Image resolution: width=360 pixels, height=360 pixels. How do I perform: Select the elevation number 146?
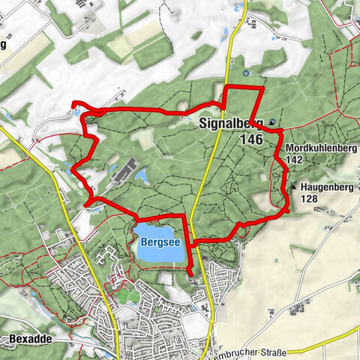(x=251, y=139)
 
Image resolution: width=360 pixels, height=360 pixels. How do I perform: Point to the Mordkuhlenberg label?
(x=320, y=148)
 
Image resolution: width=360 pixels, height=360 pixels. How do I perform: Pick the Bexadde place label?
(x=30, y=339)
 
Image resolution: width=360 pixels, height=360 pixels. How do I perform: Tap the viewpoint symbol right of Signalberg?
(x=271, y=122)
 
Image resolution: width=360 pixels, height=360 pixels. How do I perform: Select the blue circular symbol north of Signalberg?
(x=245, y=73)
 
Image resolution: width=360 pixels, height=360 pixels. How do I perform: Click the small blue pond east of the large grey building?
(x=140, y=175)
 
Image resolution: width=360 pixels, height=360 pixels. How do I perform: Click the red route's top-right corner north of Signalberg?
(x=262, y=88)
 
